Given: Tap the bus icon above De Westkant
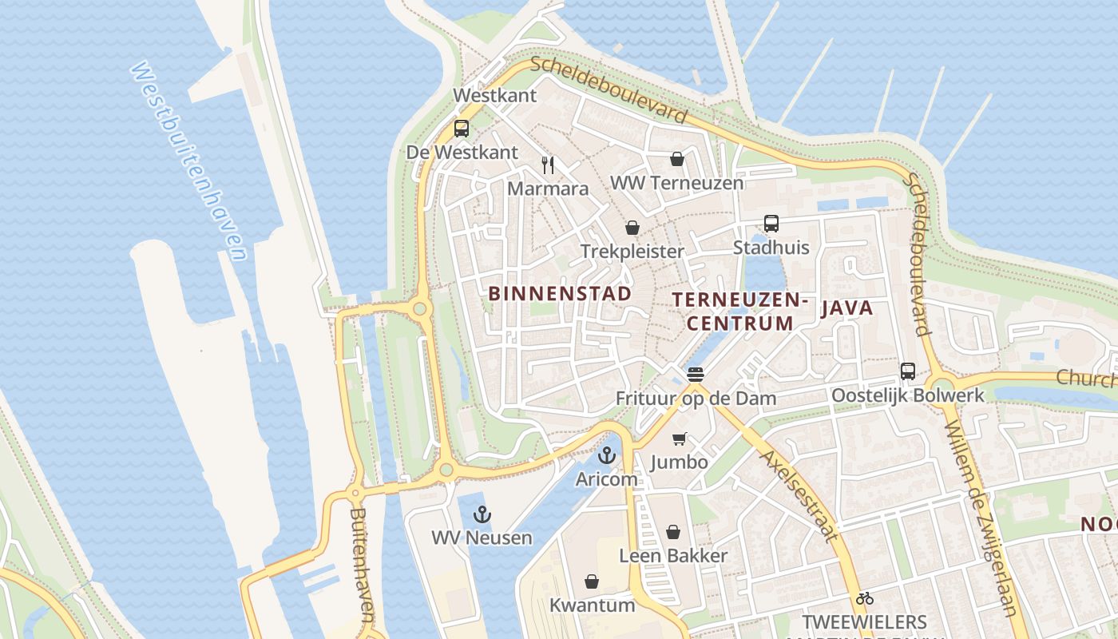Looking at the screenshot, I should pyautogui.click(x=462, y=129).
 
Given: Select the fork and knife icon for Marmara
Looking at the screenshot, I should pyautogui.click(x=548, y=165).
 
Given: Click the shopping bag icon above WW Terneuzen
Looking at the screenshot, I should pyautogui.click(x=677, y=159).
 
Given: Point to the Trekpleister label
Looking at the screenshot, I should pyautogui.click(x=632, y=252).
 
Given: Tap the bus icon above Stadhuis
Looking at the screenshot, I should pyautogui.click(x=771, y=224).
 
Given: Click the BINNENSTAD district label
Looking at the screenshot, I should pyautogui.click(x=560, y=293).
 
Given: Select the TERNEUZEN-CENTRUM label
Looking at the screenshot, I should pyautogui.click(x=740, y=312).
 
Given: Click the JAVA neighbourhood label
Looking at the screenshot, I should pyautogui.click(x=846, y=308).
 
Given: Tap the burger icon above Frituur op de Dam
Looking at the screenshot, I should pyautogui.click(x=696, y=374).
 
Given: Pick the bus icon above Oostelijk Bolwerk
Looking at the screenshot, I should pyautogui.click(x=908, y=371).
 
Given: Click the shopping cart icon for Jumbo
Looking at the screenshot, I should pyautogui.click(x=679, y=439).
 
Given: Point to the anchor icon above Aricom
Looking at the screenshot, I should pyautogui.click(x=608, y=456).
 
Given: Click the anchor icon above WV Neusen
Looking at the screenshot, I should pyautogui.click(x=482, y=514).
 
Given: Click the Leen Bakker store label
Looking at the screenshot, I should pyautogui.click(x=673, y=556).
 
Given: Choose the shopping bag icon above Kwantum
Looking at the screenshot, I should pyautogui.click(x=592, y=581).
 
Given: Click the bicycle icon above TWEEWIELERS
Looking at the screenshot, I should pyautogui.click(x=864, y=598).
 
